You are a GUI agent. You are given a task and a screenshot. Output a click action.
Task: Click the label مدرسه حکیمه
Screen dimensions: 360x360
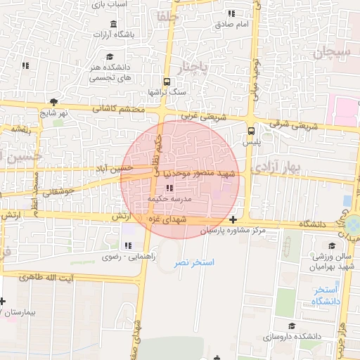pyautogui.click(x=169, y=199)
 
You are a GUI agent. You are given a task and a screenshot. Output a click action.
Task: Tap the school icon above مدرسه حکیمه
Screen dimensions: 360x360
pyautogui.click(x=169, y=188)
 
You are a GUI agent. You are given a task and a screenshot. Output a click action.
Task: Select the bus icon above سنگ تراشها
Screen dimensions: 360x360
pyautogui.click(x=167, y=82)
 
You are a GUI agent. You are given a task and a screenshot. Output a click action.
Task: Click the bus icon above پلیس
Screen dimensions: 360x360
pyautogui.click(x=252, y=131)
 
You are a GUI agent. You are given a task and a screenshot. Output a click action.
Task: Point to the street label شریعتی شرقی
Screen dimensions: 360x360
pyautogui.click(x=293, y=127)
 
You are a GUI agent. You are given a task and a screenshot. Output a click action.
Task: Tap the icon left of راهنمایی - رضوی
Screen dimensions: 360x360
pyautogui.click(x=128, y=245)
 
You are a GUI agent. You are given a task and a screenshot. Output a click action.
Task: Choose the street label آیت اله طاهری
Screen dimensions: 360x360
pyautogui.click(x=64, y=279)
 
